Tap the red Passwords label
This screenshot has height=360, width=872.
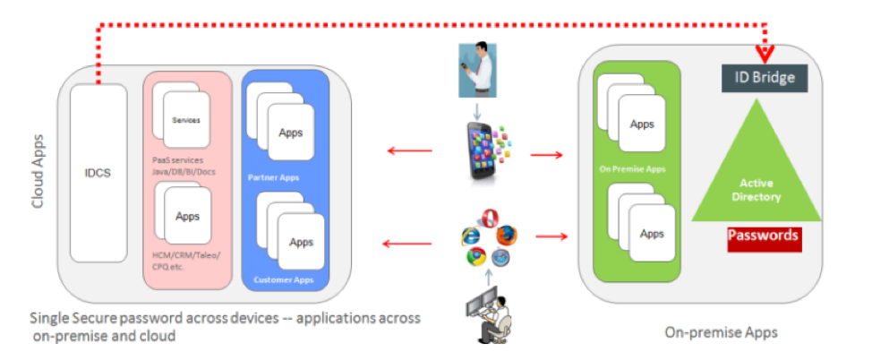coord(763,236)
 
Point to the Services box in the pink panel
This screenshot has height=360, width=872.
coord(185,119)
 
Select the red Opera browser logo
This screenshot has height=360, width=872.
coord(488,219)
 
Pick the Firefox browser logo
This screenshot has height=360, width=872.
coord(507,236)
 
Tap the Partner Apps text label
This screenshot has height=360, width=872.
coord(273,176)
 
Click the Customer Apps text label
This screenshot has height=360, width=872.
coord(284,280)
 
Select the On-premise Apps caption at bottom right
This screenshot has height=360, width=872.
coord(722,332)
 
